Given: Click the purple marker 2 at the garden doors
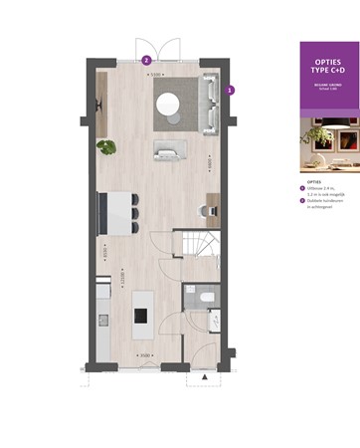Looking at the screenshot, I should click(x=147, y=60).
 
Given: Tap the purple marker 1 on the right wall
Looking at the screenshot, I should click(x=231, y=90).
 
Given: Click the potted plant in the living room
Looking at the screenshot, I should click(x=105, y=146).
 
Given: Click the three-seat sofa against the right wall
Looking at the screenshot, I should click(x=210, y=104).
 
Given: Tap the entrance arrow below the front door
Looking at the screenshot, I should click(x=203, y=379).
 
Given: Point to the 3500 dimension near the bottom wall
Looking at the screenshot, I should click(x=144, y=354).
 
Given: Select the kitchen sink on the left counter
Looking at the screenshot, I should click(x=102, y=319).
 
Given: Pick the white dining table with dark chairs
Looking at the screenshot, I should click(x=116, y=211).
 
